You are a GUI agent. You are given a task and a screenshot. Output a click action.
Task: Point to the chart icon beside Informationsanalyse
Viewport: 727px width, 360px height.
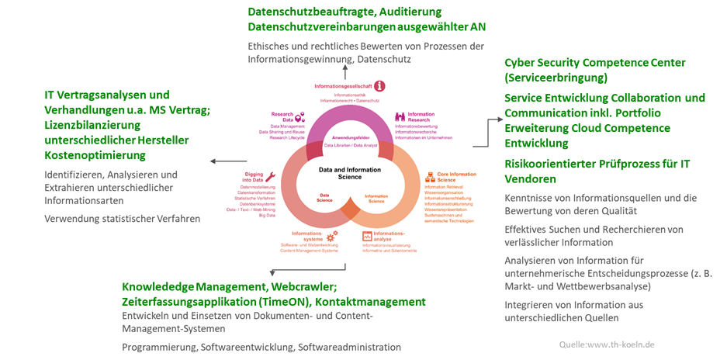click(x=368, y=235)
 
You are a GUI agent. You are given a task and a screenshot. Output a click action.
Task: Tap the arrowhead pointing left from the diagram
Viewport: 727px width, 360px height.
click(x=215, y=161)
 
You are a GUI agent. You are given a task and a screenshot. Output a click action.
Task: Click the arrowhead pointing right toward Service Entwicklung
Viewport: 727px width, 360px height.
click(x=497, y=121)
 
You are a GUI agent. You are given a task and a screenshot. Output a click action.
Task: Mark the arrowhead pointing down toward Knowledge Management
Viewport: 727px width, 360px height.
click(x=272, y=272)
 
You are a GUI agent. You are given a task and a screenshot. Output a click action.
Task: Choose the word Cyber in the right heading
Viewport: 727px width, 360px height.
click(x=521, y=63)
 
